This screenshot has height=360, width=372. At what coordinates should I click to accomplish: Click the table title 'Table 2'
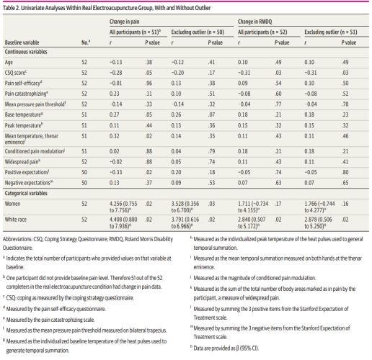coord(11,8)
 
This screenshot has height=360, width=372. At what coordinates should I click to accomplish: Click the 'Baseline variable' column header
coord(22,42)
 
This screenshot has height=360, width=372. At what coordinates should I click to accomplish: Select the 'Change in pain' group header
coord(124,22)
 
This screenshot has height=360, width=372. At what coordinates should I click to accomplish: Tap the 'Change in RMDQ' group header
coord(255,22)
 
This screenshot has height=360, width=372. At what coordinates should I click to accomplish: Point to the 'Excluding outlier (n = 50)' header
coord(198,32)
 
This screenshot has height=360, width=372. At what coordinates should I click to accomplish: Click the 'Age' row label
coord(9,63)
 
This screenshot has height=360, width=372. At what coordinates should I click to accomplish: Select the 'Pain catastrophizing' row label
coord(26,94)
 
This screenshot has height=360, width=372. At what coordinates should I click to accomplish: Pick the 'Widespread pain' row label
coord(22,162)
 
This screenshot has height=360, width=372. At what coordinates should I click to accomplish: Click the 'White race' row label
coord(16,220)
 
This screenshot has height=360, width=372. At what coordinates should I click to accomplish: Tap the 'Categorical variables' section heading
coord(26,193)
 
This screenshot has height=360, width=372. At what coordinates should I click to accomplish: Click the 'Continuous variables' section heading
coord(26,52)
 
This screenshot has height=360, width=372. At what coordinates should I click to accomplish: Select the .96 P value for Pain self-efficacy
coord(149,83)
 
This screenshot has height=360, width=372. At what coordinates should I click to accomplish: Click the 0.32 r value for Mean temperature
coord(114,136)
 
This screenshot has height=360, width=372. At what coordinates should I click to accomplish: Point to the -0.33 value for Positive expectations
coord(115,172)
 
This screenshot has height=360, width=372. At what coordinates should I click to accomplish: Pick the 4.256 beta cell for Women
coord(123,207)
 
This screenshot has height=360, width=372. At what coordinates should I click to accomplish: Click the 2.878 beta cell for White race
coord(319,222)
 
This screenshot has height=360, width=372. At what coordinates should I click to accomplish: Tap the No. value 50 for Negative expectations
coord(84,183)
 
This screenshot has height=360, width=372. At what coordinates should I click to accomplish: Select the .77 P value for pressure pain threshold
coord(278,104)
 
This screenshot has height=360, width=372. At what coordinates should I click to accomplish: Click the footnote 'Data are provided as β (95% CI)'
coord(224,348)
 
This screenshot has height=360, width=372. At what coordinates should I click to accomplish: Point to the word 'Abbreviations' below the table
coord(17,239)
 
